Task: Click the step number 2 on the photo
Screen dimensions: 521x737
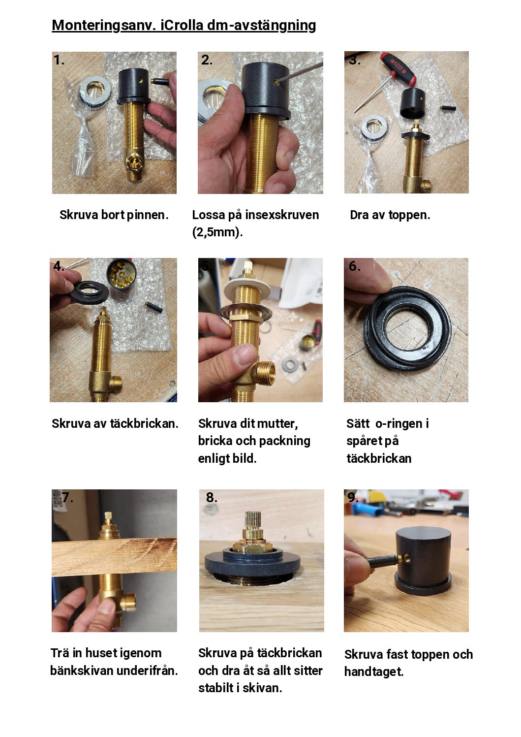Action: coord(207,60)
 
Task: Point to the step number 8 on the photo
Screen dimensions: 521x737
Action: coord(212,497)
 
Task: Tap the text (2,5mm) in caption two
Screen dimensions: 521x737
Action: coord(217,232)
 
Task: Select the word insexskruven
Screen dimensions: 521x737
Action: coord(282,215)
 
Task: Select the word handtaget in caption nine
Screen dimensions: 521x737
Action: coord(374,672)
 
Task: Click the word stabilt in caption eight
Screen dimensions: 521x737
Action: coord(216,688)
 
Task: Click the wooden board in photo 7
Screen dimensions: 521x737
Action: coord(114,557)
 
